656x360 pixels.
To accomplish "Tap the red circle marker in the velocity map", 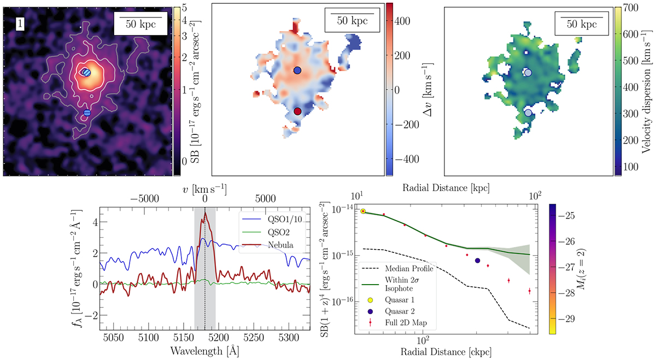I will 297,111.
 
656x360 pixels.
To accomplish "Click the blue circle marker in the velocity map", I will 297,71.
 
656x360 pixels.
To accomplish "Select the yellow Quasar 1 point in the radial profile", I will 363,211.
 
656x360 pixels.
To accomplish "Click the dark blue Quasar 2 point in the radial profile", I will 478,261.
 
